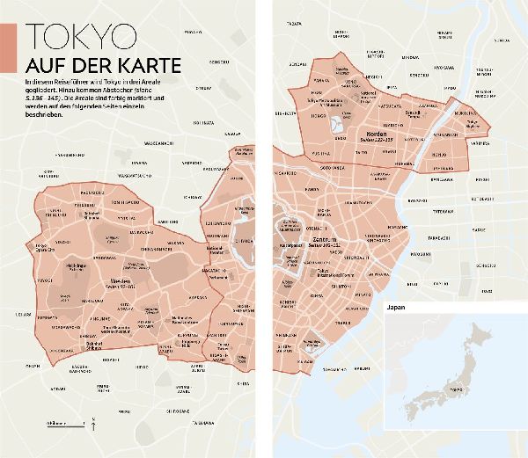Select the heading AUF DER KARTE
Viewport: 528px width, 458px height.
click(x=103, y=66)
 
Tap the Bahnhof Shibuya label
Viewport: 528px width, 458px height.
click(x=91, y=343)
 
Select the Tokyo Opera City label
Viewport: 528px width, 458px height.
click(x=41, y=245)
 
